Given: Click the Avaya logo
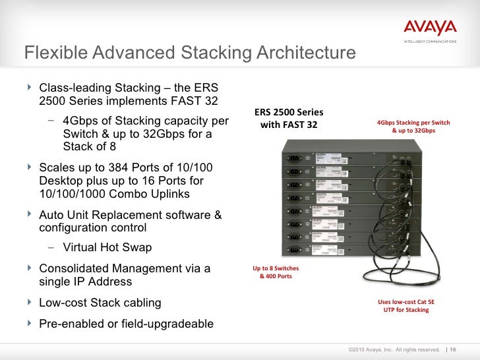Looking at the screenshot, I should coord(429,28).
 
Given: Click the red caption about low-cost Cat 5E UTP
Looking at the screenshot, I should coord(406,305).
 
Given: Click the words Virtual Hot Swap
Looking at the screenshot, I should coord(107,248).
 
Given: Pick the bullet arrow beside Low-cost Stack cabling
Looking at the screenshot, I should coord(29,303).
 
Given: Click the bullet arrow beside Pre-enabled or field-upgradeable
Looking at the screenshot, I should coord(29,324).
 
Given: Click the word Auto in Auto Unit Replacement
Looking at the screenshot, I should coord(53,215).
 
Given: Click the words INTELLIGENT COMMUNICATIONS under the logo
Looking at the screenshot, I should coord(430,43).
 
